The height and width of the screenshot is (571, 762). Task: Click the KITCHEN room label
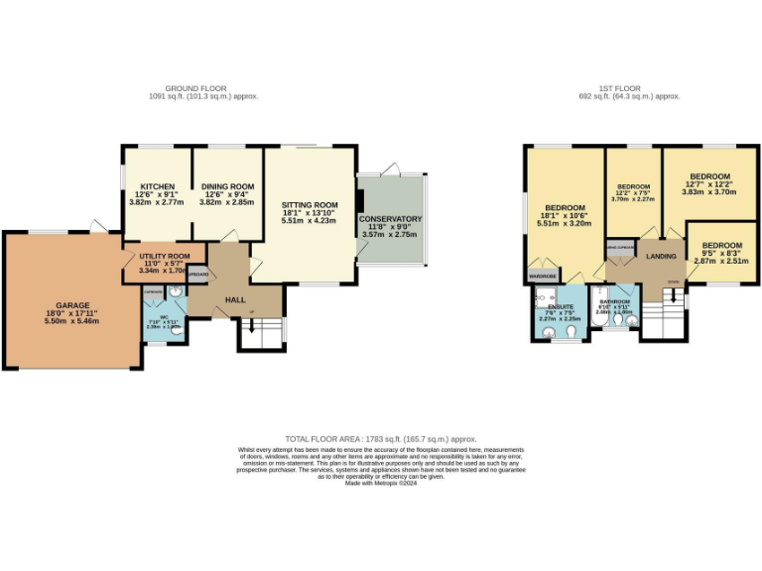(157, 185)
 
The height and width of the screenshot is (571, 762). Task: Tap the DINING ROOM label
(228, 185)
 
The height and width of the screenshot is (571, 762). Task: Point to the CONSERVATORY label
(390, 219)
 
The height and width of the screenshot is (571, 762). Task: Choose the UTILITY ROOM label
(165, 255)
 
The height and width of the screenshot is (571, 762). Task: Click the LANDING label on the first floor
(661, 257)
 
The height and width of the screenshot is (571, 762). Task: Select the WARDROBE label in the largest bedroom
(543, 275)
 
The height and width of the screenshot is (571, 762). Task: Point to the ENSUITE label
(561, 306)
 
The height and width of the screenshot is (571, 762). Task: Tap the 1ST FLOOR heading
(629, 89)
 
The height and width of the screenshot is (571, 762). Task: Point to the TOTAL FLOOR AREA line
(381, 438)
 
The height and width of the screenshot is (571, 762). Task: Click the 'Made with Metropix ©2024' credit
(381, 482)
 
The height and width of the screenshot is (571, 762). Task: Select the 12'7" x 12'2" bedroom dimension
(708, 183)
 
